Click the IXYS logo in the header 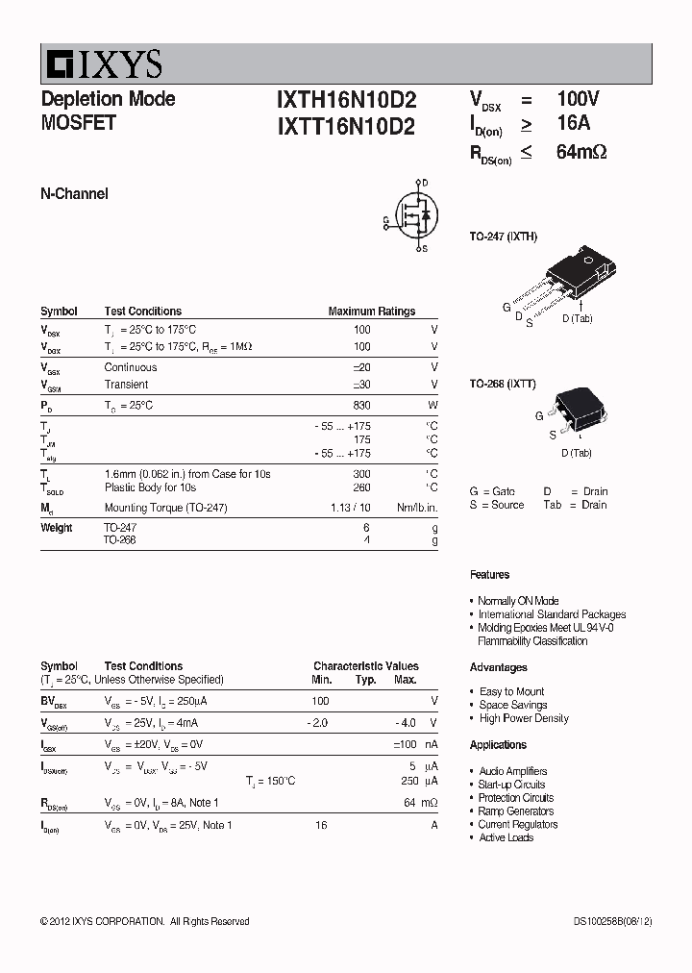103,64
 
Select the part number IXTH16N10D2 346,100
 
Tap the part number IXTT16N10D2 346,126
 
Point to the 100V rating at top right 578,99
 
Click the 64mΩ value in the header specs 581,152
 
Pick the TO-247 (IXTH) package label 503,237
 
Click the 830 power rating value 361,406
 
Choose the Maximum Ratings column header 371,312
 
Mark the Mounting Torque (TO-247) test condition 165,508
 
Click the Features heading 489,575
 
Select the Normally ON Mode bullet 518,601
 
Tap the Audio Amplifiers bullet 512,771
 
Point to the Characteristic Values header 365,666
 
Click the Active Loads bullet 506,837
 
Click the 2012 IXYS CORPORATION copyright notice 144,922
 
